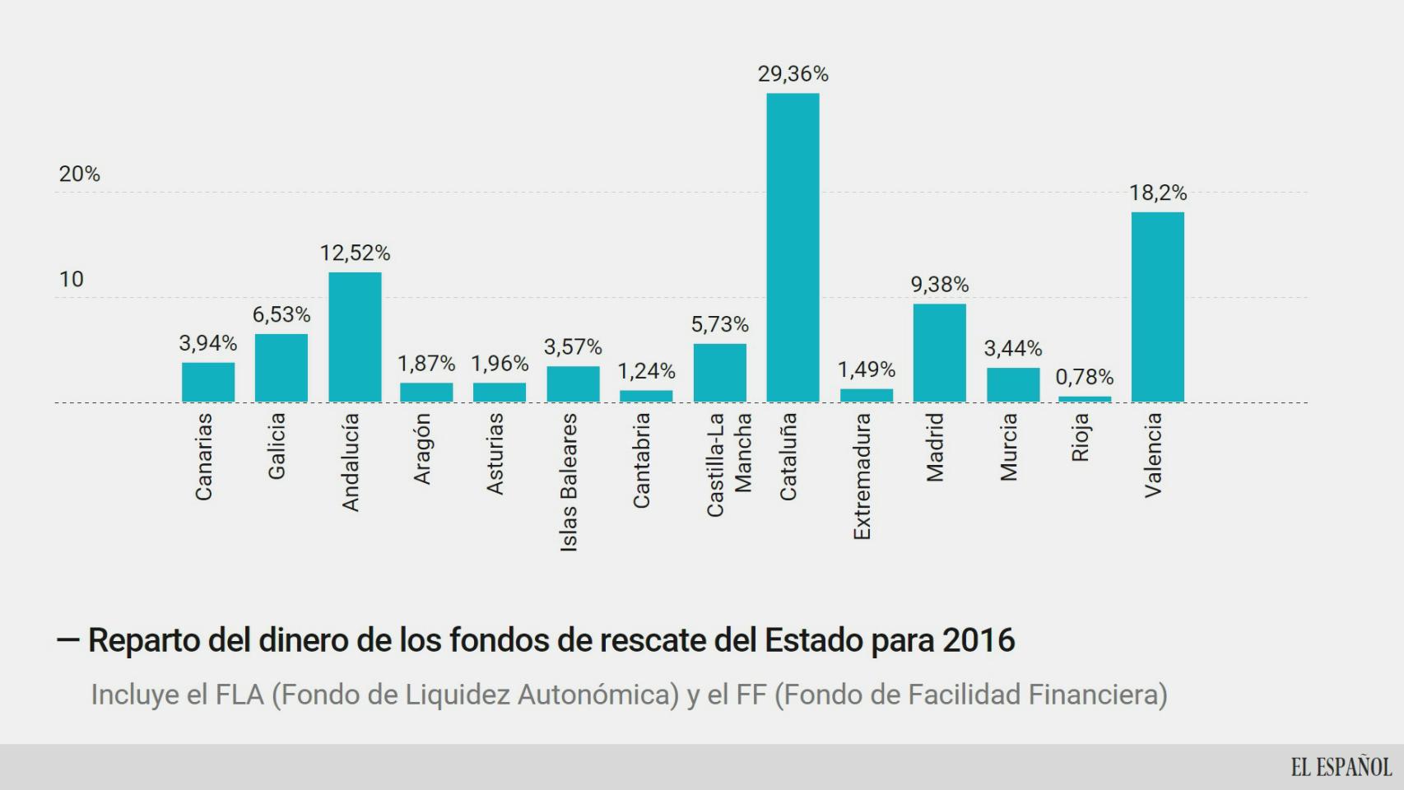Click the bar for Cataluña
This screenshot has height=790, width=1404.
pyautogui.click(x=793, y=247)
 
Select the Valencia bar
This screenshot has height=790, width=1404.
pyautogui.click(x=1157, y=307)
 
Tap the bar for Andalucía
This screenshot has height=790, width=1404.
pyautogui.click(x=355, y=337)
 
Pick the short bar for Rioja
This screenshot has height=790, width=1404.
pyautogui.click(x=1084, y=399)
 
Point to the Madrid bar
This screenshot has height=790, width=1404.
pyautogui.click(x=939, y=353)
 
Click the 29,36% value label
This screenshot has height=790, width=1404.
pyautogui.click(x=793, y=74)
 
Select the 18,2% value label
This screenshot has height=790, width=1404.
pyautogui.click(x=1157, y=193)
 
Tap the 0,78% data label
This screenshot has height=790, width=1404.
pyautogui.click(x=1084, y=377)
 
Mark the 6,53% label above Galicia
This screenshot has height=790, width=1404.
pyautogui.click(x=281, y=314)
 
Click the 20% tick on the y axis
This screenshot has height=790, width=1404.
pyautogui.click(x=79, y=174)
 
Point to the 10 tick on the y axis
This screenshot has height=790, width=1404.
pyautogui.click(x=72, y=279)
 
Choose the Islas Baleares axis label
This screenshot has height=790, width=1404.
pyautogui.click(x=569, y=482)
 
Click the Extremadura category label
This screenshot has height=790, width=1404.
pyautogui.click(x=862, y=476)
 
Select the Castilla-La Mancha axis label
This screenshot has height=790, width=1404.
pyautogui.click(x=728, y=464)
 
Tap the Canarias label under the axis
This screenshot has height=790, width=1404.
pyautogui.click(x=203, y=457)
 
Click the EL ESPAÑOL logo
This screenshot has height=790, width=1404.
pyautogui.click(x=1341, y=767)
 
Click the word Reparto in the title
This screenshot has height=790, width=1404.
pyautogui.click(x=143, y=640)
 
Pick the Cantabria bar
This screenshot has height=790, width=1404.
pyautogui.click(x=646, y=396)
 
